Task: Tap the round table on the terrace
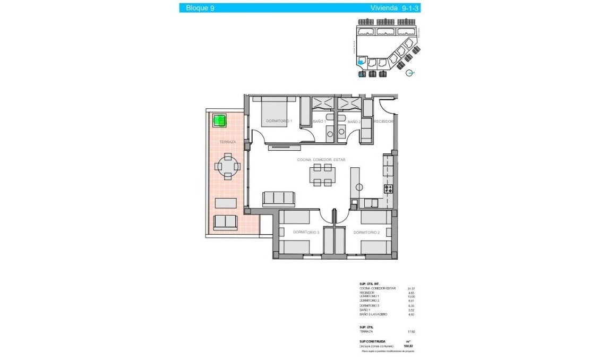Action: point(228,166)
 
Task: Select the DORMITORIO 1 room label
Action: point(279,121)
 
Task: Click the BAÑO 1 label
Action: point(319,122)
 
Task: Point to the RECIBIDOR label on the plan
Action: point(383,122)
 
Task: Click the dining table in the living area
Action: point(323,175)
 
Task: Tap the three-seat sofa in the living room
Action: point(278,198)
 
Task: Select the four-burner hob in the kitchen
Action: point(388,188)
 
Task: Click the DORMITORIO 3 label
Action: point(306,233)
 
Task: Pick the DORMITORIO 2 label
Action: point(366,233)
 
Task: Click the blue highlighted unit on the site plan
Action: point(361,62)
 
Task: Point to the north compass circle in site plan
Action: point(409,74)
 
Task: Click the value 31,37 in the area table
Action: point(410,289)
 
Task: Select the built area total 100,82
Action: point(410,346)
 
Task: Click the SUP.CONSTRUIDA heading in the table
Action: point(373,341)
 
